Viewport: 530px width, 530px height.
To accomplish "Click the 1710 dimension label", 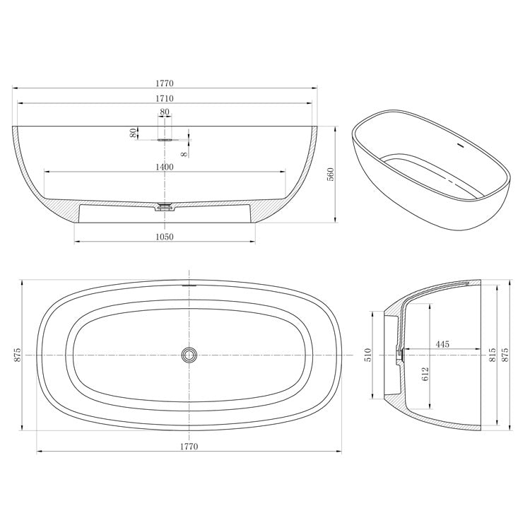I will [x=165, y=99].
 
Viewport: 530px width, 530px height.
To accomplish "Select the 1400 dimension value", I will [x=165, y=166].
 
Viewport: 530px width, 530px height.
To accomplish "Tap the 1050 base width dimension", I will [x=165, y=237].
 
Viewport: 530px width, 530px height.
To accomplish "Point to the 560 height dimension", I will [x=329, y=175].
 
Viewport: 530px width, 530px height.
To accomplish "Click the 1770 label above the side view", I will [x=165, y=83].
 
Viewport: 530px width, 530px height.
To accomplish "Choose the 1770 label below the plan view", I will [x=189, y=446].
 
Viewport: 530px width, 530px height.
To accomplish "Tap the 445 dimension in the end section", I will [x=442, y=344].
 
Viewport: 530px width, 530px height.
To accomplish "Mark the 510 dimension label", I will [x=367, y=354].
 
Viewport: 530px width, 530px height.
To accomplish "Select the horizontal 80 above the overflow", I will [x=165, y=112].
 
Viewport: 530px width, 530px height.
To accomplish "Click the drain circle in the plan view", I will [x=189, y=354].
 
